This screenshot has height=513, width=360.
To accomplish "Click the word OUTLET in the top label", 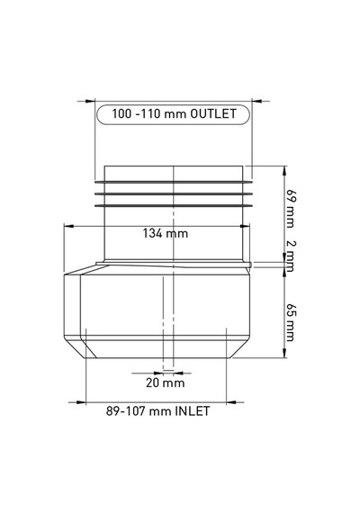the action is pyautogui.click(x=213, y=113).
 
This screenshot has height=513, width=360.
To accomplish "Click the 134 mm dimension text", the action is pyautogui.click(x=166, y=233).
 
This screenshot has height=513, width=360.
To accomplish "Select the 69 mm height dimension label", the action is pyautogui.click(x=290, y=208).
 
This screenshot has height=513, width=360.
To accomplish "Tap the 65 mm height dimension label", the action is pyautogui.click(x=290, y=322).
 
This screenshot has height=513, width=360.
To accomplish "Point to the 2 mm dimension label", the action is pyautogui.click(x=290, y=256).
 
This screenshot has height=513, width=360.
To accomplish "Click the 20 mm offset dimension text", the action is pyautogui.click(x=166, y=382).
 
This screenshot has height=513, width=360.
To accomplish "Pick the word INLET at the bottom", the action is pyautogui.click(x=193, y=411).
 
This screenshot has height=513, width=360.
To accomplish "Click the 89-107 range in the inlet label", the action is pyautogui.click(x=126, y=411).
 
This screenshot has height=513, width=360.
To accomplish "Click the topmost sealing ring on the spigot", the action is pyautogui.click(x=174, y=181).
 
